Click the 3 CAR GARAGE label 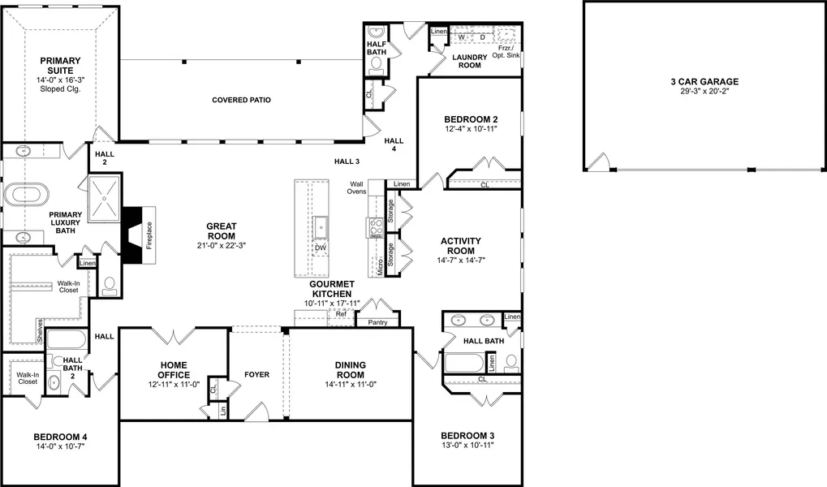(704, 82)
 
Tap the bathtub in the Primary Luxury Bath (26, 195)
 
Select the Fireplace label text (149, 235)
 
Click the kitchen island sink (320, 227)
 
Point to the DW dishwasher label (320, 248)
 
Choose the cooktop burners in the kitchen (376, 228)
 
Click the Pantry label (377, 322)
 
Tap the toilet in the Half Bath (376, 65)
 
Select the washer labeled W (462, 37)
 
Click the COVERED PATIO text (242, 100)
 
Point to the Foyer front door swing (256, 411)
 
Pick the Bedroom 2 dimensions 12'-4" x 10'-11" (471, 129)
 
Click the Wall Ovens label (356, 187)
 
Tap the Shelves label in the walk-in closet (40, 330)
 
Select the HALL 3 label (347, 162)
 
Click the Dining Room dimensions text (351, 385)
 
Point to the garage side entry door (599, 162)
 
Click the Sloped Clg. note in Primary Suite (60, 89)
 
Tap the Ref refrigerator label (341, 314)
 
